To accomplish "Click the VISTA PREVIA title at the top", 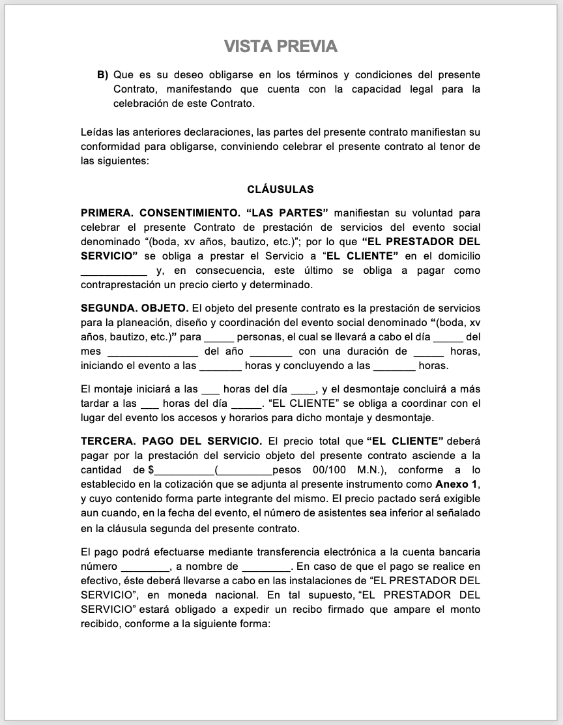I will click(281, 46).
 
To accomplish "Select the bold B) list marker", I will click(103, 75).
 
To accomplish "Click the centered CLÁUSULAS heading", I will click(281, 190).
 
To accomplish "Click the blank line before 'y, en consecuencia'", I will click(113, 271).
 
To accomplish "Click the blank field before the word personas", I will click(218, 338).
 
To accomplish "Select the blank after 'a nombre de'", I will click(265, 567).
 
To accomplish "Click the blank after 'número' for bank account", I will click(145, 567).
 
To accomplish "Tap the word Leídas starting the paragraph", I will click(97, 132).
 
